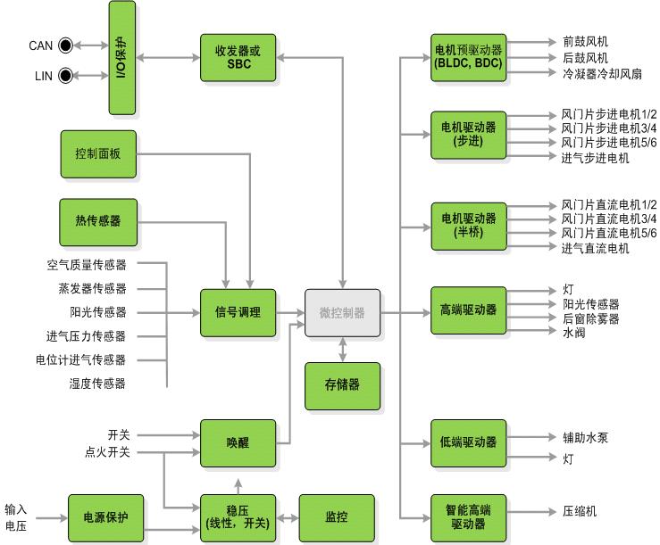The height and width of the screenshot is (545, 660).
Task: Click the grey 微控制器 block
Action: [x=342, y=313]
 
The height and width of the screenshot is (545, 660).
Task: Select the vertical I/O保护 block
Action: [x=122, y=58]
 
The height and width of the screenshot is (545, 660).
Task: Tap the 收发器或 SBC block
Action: [x=238, y=58]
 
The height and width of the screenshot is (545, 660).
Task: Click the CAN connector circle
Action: [x=65, y=45]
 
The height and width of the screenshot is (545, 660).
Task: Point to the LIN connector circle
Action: [x=65, y=77]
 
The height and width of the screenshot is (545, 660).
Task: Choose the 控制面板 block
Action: [x=98, y=154]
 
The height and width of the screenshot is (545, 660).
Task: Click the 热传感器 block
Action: [x=98, y=221]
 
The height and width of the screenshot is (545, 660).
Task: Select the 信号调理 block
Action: [x=238, y=313]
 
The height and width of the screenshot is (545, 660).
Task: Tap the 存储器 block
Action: [x=342, y=385]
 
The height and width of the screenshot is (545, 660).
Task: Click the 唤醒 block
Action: [x=238, y=442]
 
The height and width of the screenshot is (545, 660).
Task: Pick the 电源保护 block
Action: [x=106, y=517]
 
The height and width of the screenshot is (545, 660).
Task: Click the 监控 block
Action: [x=336, y=517]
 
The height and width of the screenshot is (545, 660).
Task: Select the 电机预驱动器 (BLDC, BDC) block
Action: [x=467, y=58]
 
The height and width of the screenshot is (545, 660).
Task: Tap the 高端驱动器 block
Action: [x=467, y=310]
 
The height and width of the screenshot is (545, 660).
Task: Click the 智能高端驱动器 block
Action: [x=467, y=518]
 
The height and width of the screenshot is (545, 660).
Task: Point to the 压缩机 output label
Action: [x=579, y=512]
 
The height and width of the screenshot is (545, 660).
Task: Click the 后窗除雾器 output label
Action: [x=589, y=318]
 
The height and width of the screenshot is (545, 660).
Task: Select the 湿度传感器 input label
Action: [x=97, y=384]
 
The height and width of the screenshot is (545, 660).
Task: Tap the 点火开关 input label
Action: [x=107, y=452]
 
